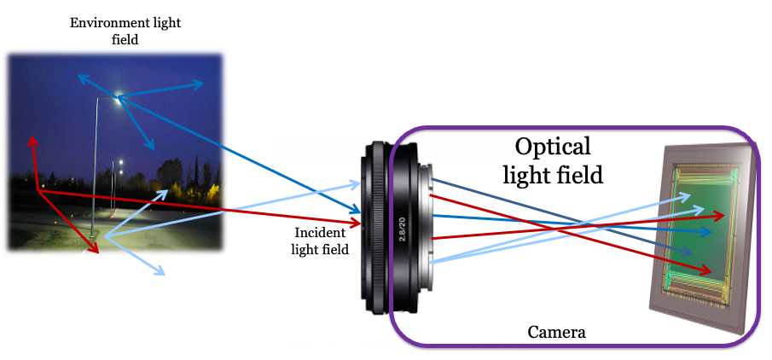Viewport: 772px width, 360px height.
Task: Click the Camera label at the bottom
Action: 557,331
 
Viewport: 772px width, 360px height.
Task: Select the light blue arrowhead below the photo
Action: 160,273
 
